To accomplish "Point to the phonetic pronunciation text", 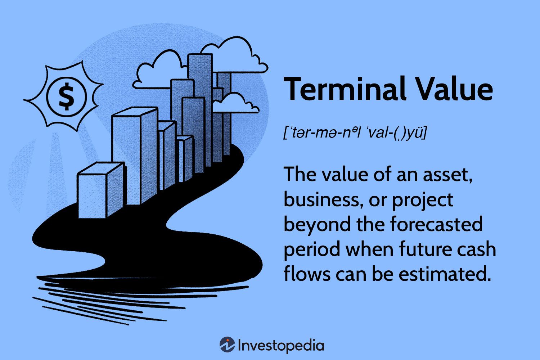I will [355, 133].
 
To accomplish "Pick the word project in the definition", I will [423, 200].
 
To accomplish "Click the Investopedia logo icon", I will [227, 345].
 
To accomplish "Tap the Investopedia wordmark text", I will [281, 346].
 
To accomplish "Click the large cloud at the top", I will [230, 58].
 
